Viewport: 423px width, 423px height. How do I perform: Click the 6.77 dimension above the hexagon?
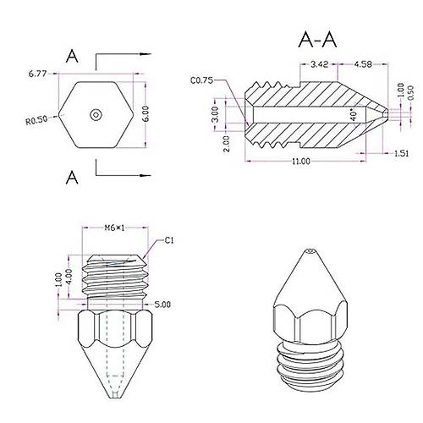point(37,74)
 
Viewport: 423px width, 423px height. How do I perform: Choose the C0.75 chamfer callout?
point(203,81)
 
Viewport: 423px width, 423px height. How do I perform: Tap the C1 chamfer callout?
point(169,240)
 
